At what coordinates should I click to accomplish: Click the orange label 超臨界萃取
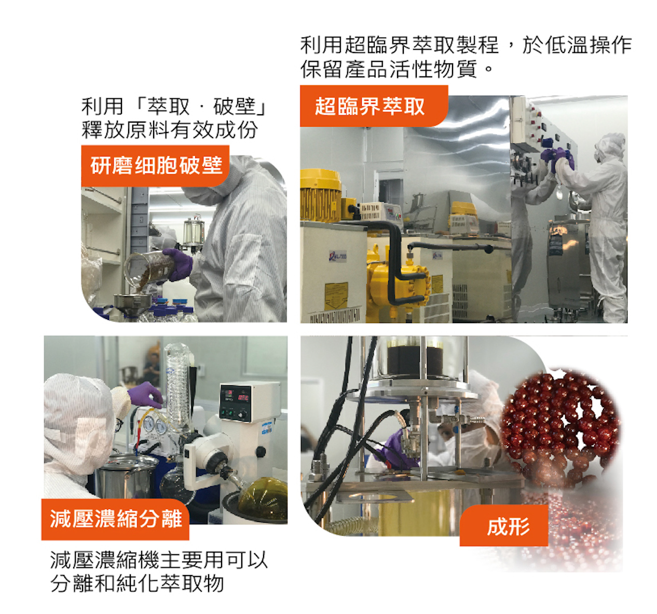point(374,106)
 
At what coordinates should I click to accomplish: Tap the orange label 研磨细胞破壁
point(156,166)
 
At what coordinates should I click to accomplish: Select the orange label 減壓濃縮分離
point(115,519)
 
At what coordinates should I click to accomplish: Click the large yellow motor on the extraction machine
point(320,195)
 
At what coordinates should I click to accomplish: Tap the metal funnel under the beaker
point(133,302)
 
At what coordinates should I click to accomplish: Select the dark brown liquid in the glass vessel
point(415,361)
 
